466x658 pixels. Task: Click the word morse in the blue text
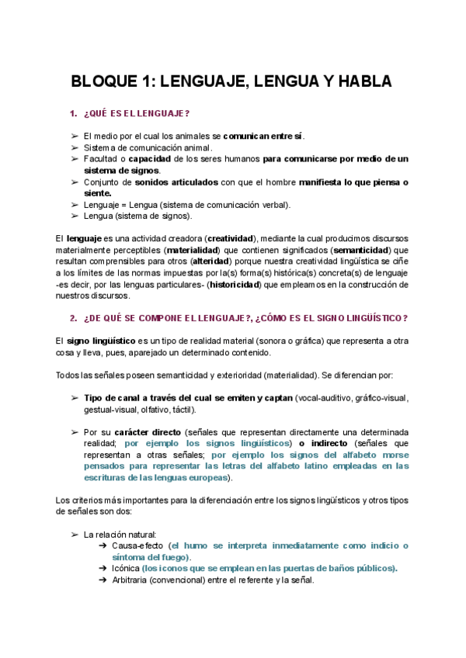pos(394,455)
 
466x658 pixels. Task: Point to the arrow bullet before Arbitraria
pos(103,580)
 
